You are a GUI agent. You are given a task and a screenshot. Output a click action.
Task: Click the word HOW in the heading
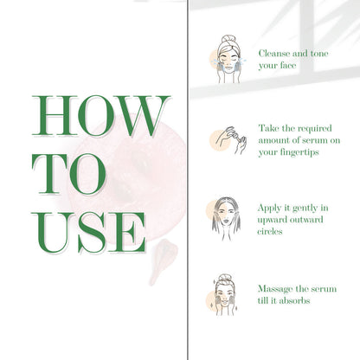tap(101, 115)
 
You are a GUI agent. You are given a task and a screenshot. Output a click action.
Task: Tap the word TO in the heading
tap(68, 174)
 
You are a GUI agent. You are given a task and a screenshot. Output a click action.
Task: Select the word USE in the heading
tap(88, 233)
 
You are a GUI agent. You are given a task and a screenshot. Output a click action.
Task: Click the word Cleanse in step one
tap(274, 54)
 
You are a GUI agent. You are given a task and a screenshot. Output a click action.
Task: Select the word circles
tap(270, 231)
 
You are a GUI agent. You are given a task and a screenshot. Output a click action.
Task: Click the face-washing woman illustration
tap(228, 59)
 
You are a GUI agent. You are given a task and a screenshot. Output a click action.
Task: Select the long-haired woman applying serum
tap(227, 219)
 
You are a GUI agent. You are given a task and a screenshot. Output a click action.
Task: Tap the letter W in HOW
tap(141, 115)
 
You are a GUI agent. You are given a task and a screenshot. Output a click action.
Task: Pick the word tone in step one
tap(319, 54)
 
